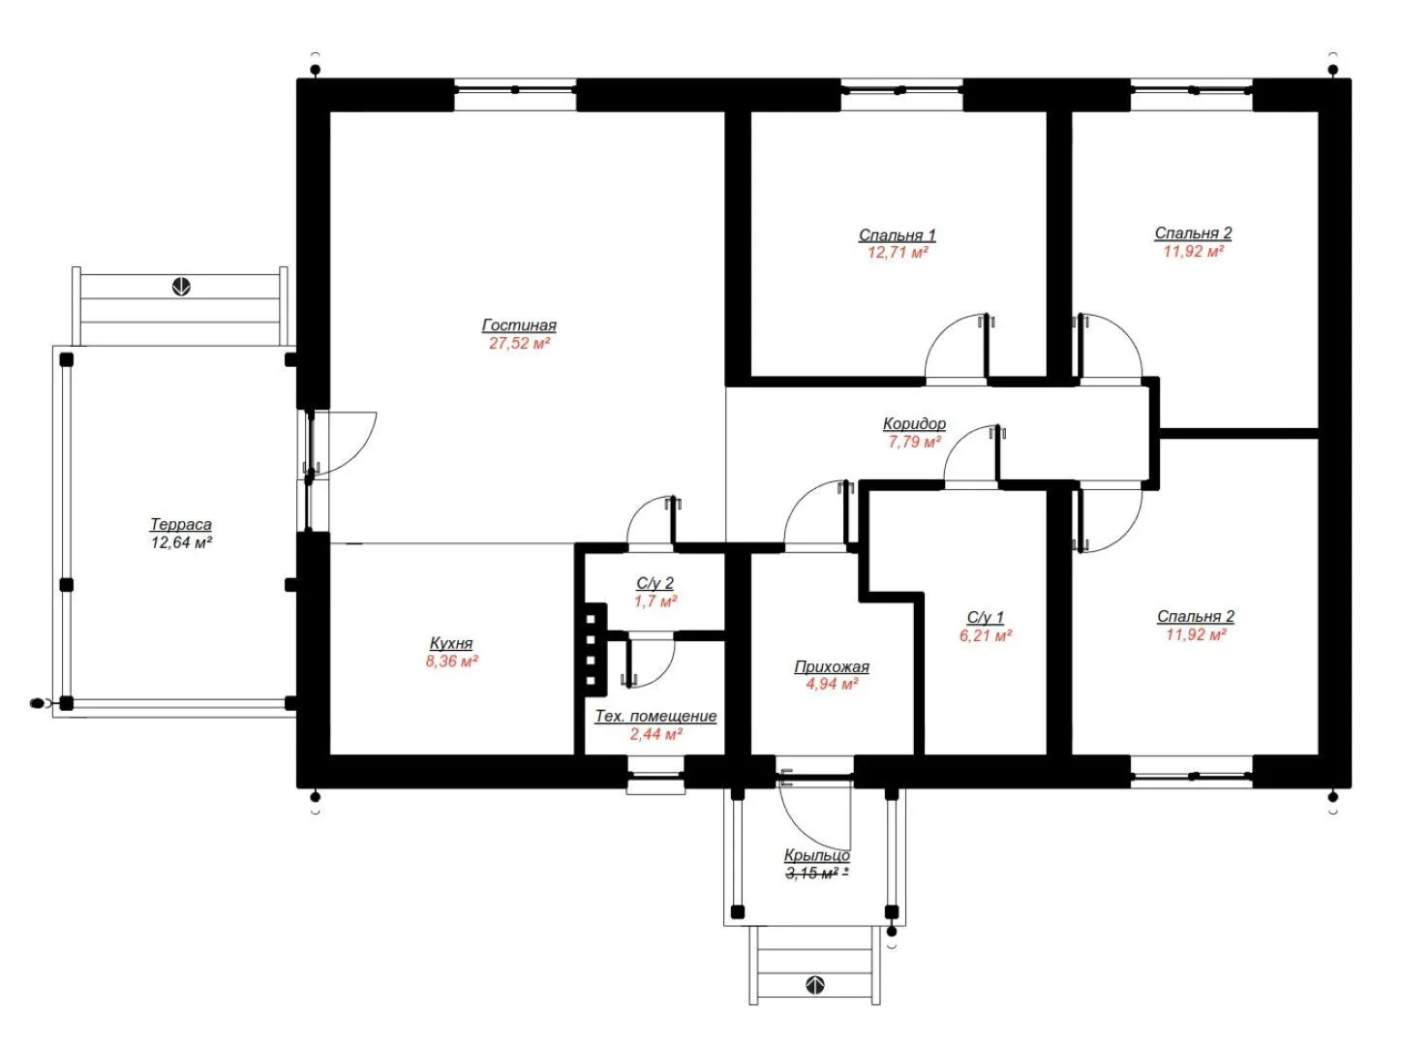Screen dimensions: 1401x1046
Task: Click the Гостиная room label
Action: point(518,324)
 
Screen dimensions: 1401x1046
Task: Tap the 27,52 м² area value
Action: point(519,344)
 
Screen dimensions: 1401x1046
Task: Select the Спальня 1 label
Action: point(897,234)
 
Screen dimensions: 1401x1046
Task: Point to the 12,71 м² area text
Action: point(897,253)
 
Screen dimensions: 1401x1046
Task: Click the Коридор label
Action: point(913,423)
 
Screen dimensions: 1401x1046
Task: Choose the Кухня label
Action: point(450,643)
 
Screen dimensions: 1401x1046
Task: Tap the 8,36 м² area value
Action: point(451,661)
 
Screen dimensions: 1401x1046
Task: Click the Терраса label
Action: point(181,524)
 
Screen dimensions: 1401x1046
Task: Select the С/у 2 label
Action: point(655,583)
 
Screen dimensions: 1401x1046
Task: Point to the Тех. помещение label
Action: point(655,716)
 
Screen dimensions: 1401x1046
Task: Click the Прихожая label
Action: point(831,666)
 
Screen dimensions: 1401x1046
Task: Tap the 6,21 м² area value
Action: point(985,635)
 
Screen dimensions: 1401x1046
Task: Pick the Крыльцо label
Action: point(816,855)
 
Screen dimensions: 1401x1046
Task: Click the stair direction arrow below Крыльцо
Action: point(814,985)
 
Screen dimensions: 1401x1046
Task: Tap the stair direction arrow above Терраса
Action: point(181,287)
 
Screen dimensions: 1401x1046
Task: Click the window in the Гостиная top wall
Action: point(514,91)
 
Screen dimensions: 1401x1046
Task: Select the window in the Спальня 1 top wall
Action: point(900,91)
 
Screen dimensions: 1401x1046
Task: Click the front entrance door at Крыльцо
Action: point(815,812)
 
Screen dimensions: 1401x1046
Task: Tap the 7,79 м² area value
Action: point(914,442)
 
